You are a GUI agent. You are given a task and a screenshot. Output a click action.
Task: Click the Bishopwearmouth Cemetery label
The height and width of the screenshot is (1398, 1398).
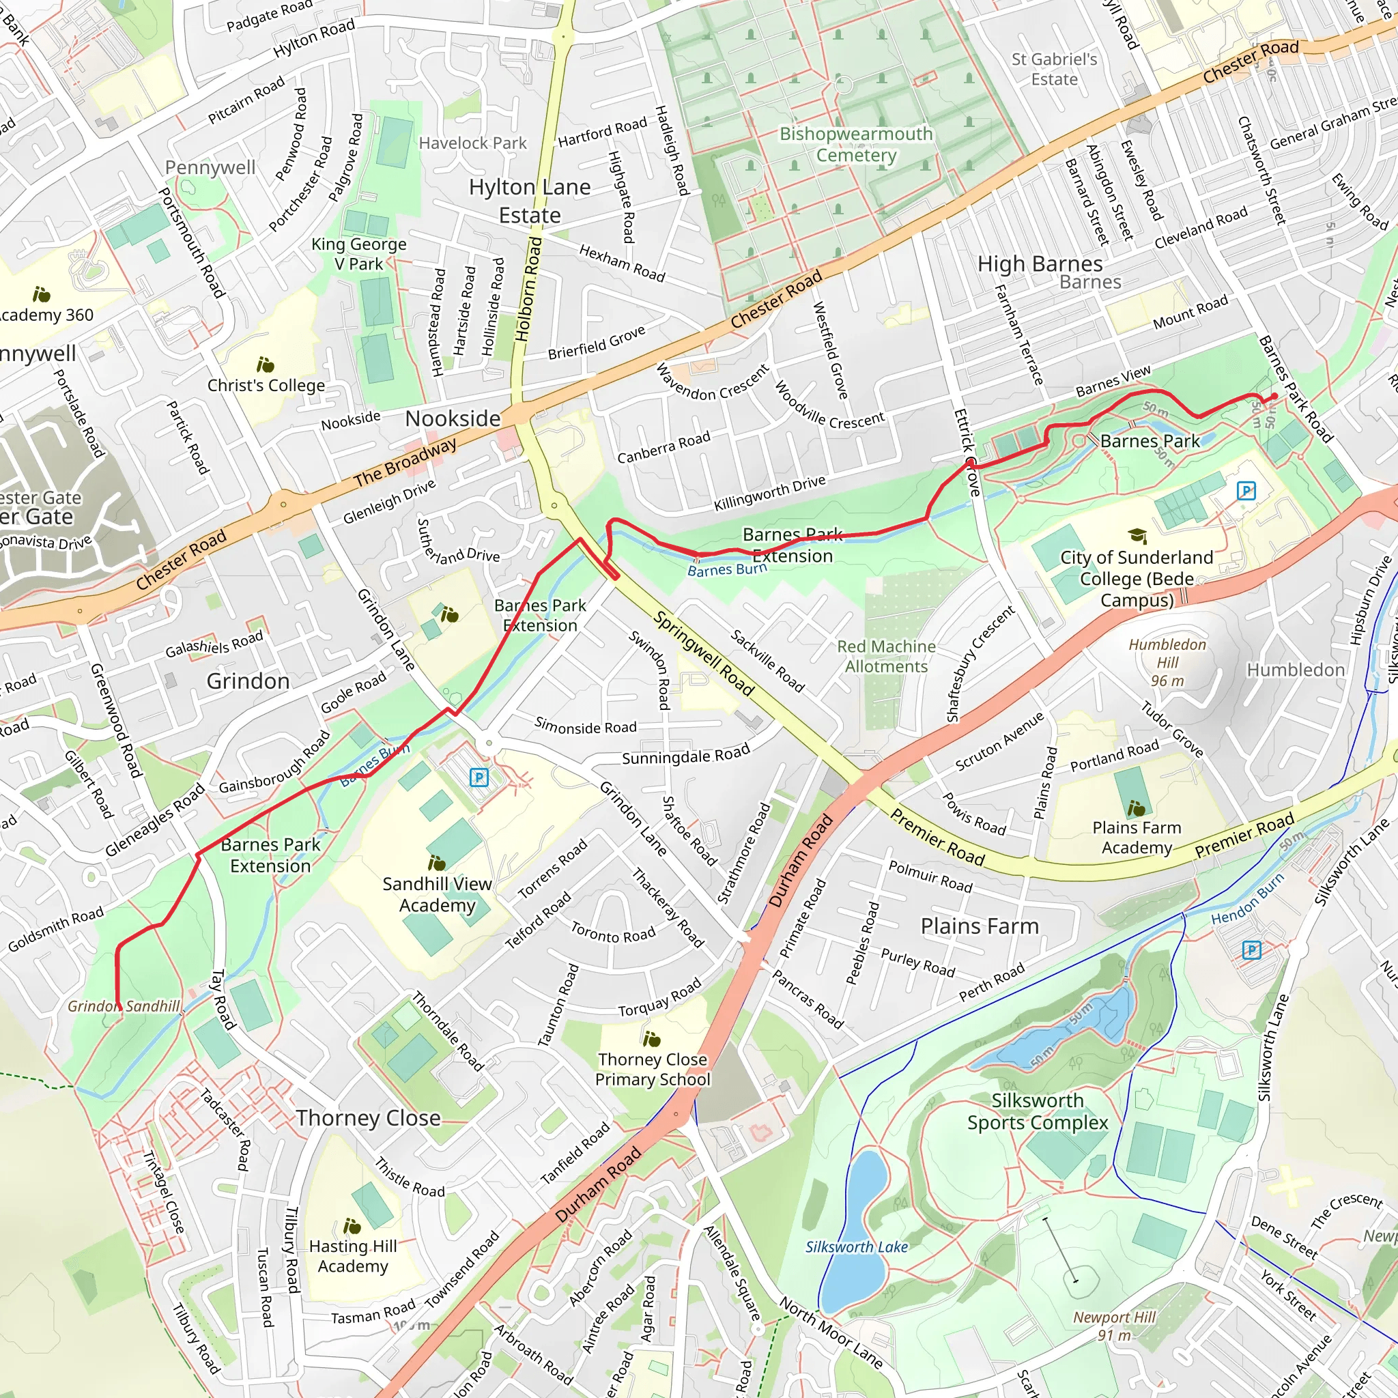tap(856, 145)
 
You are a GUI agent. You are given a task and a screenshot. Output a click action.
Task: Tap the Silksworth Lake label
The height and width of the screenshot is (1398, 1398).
tap(856, 1246)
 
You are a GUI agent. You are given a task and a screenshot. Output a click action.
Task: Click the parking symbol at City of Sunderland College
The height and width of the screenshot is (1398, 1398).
tap(1245, 491)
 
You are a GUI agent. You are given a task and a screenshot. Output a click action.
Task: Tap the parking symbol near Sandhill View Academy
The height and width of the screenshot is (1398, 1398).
tap(479, 778)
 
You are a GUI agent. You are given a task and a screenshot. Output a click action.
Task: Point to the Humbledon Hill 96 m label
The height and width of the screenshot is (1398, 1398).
tap(1167, 662)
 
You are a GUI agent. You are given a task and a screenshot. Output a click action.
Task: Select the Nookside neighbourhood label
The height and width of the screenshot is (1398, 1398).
tap(453, 418)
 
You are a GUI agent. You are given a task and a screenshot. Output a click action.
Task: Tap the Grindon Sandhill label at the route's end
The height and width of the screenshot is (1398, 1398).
tap(123, 1005)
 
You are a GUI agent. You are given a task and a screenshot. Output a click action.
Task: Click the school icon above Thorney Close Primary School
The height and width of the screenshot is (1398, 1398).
tap(651, 1040)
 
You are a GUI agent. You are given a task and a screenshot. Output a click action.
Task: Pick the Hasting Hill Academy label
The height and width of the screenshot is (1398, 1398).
tap(352, 1255)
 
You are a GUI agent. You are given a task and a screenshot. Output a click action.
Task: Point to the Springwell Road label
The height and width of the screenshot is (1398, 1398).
tap(704, 653)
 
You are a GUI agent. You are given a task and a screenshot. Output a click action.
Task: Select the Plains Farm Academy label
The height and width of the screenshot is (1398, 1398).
tap(1136, 837)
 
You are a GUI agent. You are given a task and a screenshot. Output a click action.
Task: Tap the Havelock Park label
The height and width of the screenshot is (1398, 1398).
tap(472, 143)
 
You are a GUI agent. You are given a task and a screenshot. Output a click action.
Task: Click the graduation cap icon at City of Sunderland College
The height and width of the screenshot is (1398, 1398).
tap(1137, 535)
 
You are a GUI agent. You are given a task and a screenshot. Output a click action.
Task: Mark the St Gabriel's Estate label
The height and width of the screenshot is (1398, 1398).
tap(1053, 70)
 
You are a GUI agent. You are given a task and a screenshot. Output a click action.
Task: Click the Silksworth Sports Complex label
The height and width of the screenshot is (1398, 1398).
tap(1037, 1111)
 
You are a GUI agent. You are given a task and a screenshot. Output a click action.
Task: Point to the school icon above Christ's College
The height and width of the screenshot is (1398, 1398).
tap(265, 365)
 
